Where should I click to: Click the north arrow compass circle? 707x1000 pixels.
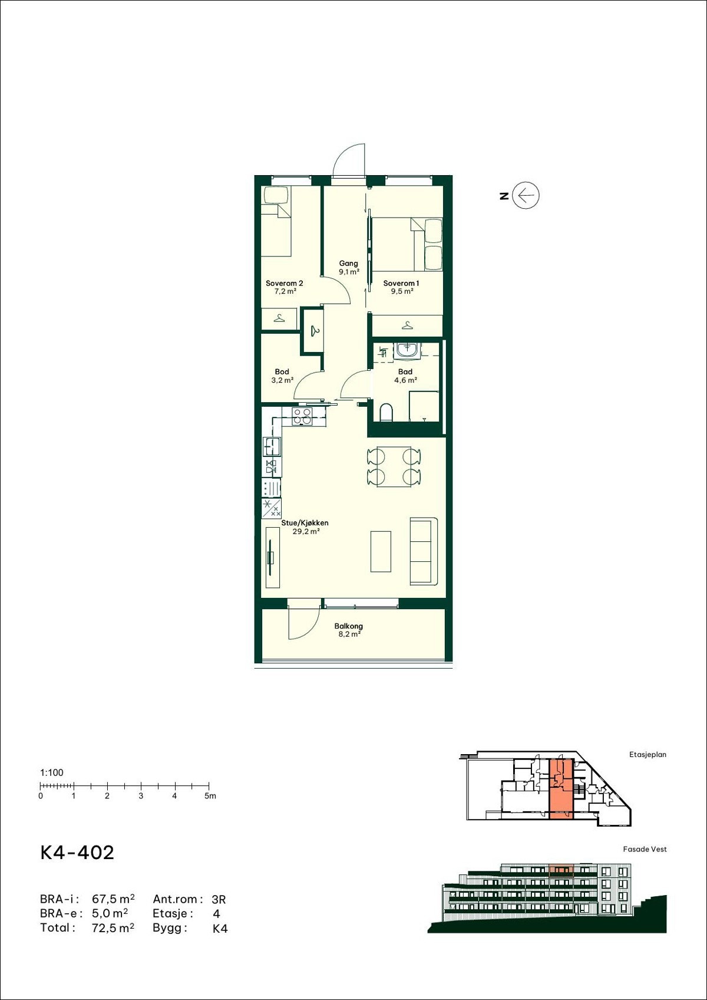(526, 196)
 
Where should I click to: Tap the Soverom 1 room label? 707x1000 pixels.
(401, 284)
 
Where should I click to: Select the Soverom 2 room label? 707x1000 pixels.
(284, 284)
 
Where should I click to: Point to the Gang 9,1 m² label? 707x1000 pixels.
(348, 268)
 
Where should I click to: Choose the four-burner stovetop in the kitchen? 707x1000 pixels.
(303, 417)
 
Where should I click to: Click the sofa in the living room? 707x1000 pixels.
(424, 551)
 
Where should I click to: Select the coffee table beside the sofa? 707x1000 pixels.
(381, 551)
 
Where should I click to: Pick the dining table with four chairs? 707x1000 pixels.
(394, 466)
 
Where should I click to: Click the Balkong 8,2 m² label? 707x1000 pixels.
(348, 630)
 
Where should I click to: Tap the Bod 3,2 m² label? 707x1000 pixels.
(282, 376)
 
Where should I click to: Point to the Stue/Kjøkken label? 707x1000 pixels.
(305, 523)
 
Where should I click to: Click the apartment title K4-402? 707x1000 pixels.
(77, 853)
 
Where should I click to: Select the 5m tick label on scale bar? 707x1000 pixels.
(210, 796)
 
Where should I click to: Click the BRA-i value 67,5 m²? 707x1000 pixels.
(113, 899)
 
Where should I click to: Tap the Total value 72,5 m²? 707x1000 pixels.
(113, 927)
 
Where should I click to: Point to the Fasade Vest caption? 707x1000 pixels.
(645, 849)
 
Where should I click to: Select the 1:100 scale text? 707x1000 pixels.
(52, 772)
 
